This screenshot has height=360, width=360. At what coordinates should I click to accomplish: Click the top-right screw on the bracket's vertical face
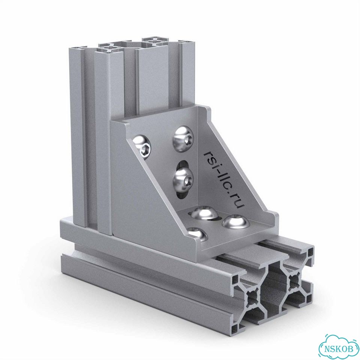[184, 139]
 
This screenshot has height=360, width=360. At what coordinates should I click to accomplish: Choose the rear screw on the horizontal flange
[205, 214]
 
